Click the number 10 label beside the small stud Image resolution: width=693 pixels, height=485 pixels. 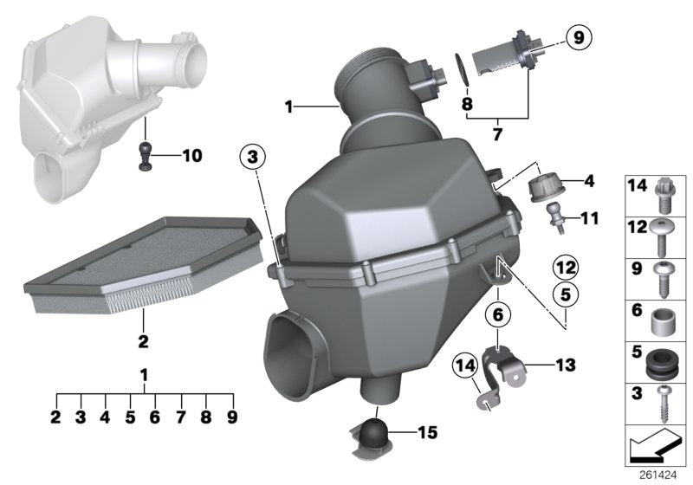coord(191,156)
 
